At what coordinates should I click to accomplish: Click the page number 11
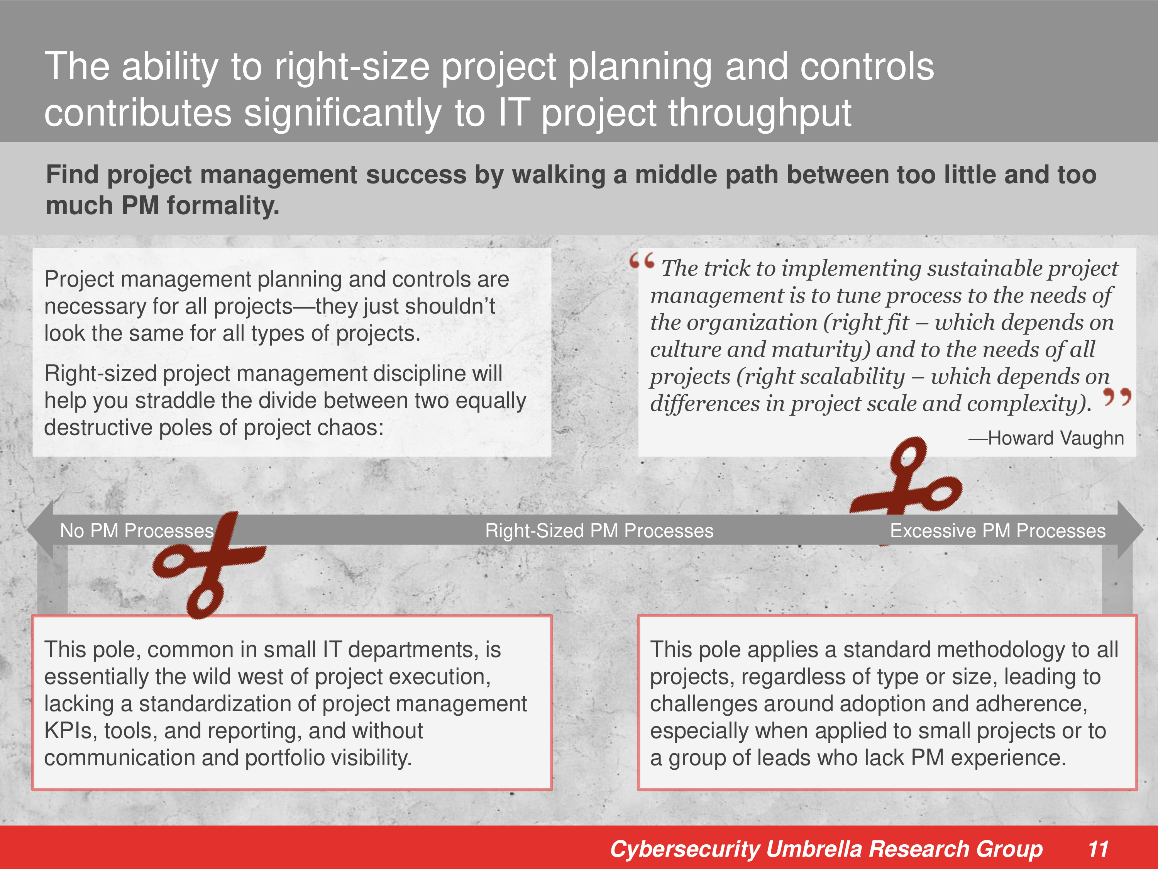1098,849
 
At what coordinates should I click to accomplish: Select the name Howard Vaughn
1055,438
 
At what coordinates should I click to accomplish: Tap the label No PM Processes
137,531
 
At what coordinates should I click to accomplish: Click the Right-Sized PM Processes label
599,531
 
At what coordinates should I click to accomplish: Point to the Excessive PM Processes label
998,531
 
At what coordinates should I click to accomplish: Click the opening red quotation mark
642,260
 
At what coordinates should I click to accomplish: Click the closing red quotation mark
1117,397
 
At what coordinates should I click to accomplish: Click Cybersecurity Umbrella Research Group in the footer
826,849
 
